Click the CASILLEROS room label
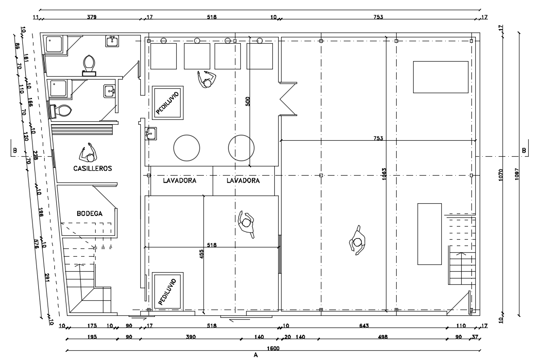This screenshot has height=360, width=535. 92,169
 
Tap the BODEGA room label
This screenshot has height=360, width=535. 89,213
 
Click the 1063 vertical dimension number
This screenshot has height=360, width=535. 384,174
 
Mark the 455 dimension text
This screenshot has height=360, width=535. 201,254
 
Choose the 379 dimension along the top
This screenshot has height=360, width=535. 91,17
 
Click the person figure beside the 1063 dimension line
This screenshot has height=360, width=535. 357,241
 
